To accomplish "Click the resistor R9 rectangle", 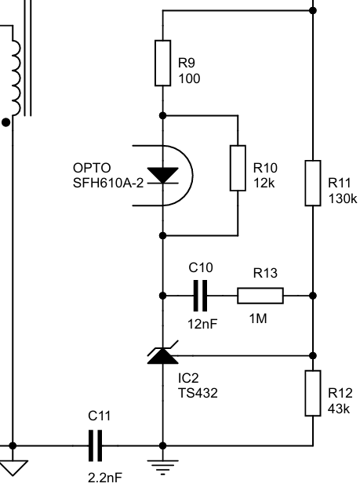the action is tap(163, 63).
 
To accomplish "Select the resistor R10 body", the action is tap(238, 168).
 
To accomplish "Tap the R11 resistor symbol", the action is tap(313, 183).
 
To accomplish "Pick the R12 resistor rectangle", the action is tap(313, 393).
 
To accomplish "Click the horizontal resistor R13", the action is tap(260, 296).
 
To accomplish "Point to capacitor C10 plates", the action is tap(200, 296).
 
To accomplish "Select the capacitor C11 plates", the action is tap(96, 445).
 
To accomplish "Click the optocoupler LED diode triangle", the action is tap(163, 175).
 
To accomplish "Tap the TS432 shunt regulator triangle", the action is tap(163, 356).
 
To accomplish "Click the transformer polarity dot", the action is tap(6, 122).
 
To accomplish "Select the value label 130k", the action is tap(343, 198).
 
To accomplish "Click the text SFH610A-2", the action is tap(108, 183).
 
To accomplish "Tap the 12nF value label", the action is tap(202, 324).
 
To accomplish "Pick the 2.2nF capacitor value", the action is tap(105, 478).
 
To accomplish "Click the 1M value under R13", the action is tap(258, 318).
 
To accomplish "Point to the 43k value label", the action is tap(339, 409).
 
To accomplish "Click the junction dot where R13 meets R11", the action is tap(313, 296).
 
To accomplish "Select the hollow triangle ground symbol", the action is tap(13, 468).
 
